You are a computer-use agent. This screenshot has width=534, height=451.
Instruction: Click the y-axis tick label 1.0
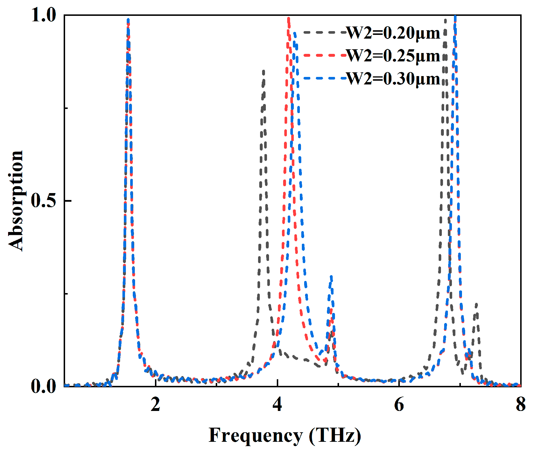43,15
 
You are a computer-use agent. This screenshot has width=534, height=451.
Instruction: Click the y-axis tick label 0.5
43,201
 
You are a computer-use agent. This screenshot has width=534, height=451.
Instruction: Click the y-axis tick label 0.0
43,386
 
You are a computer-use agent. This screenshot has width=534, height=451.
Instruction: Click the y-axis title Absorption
16,201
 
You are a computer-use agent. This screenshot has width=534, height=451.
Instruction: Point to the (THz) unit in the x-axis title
335,435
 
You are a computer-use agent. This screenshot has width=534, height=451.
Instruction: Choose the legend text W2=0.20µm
393,33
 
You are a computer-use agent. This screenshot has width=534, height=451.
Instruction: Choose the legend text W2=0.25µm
393,55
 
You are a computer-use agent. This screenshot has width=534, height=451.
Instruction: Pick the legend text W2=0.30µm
393,78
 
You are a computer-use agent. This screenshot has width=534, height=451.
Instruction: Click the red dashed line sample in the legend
323,55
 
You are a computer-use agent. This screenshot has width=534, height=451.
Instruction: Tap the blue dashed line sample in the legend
323,78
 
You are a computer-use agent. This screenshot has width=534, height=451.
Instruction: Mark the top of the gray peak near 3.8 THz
263,71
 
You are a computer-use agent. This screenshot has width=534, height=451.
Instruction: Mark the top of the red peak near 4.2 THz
288,19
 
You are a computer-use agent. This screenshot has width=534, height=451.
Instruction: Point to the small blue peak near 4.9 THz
331,277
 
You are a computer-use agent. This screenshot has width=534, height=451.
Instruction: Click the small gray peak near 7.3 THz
476,304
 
